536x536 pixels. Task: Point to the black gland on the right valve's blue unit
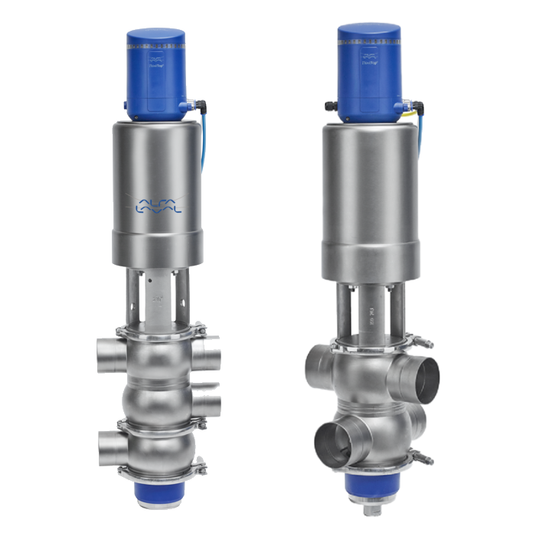(x=329, y=105)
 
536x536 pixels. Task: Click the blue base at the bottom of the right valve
(x=369, y=482)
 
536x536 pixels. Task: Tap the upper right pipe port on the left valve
(x=207, y=355)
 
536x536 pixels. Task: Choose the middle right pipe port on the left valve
(x=207, y=404)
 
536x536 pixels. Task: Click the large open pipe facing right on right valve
(x=420, y=379)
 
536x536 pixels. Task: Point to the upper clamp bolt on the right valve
(x=423, y=342)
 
